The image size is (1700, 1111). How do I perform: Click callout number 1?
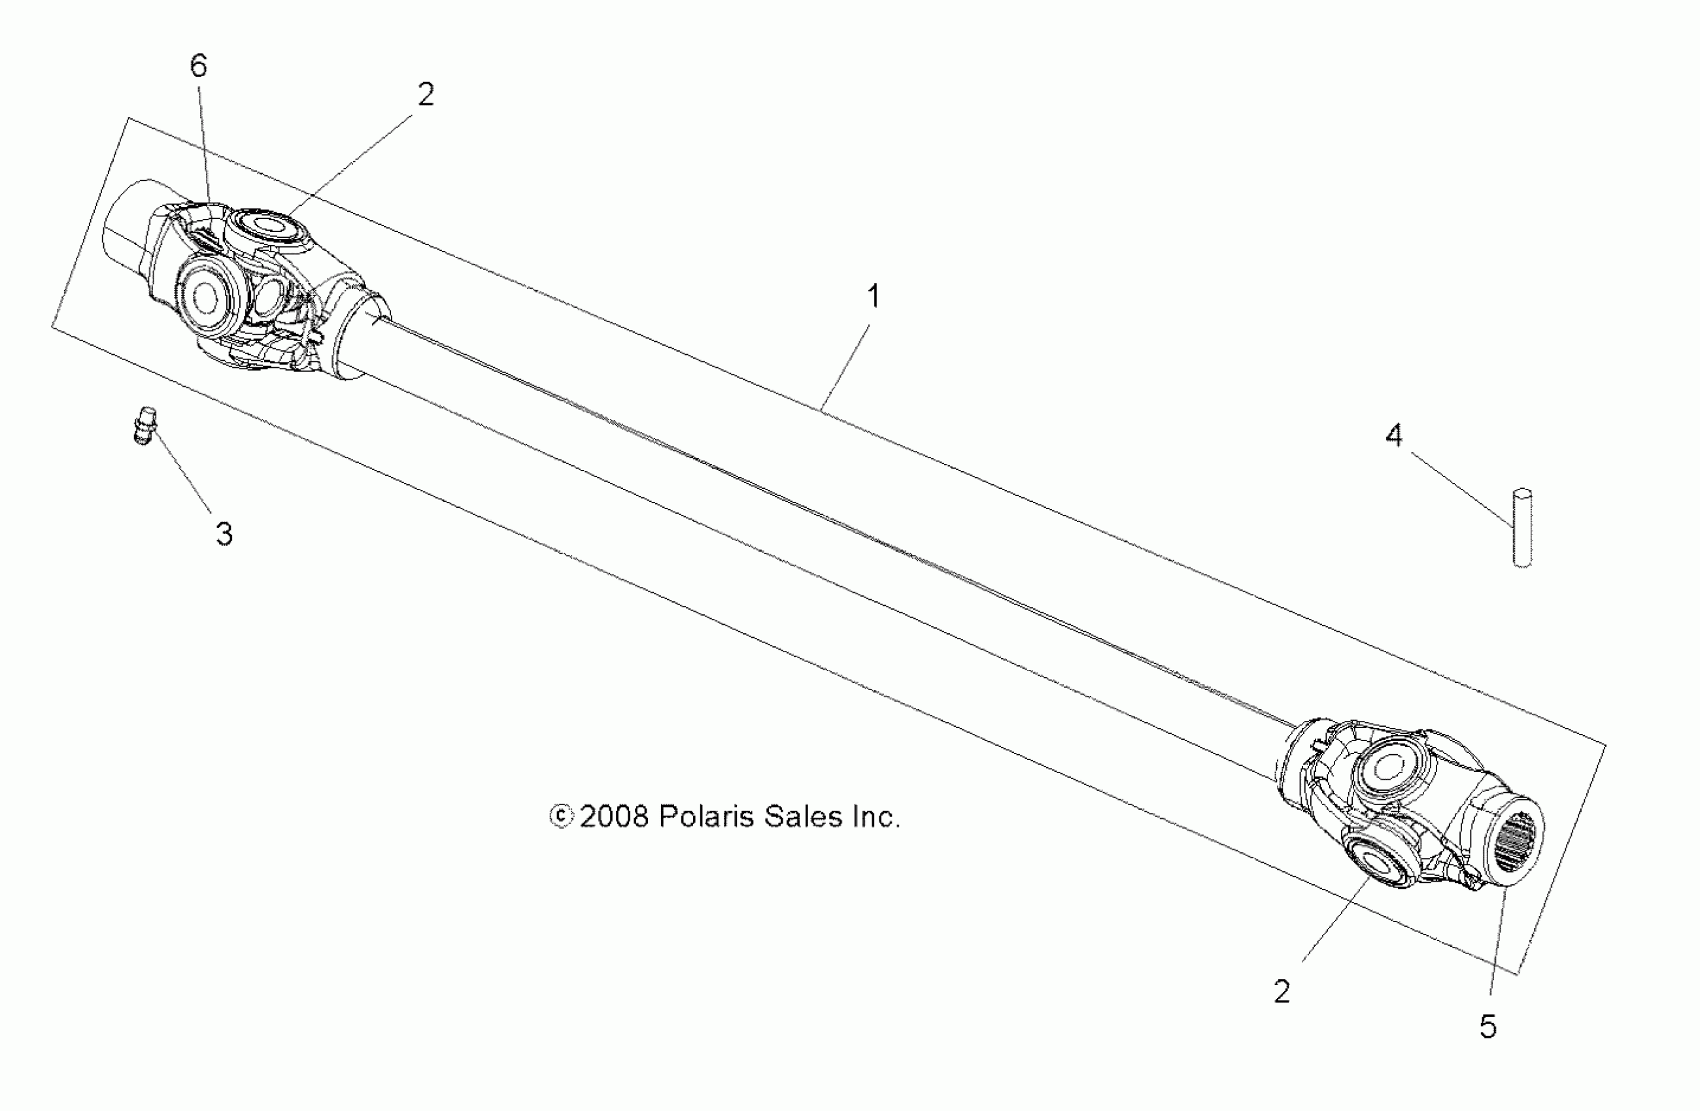(873, 296)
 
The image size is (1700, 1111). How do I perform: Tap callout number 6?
(199, 66)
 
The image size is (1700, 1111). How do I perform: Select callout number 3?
(224, 534)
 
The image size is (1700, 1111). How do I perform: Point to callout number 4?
(1393, 435)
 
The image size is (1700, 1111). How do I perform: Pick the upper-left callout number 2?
(426, 94)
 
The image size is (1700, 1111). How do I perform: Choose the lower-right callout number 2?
(1282, 992)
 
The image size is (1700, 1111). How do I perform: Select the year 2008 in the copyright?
(613, 817)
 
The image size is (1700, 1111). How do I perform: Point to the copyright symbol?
(562, 817)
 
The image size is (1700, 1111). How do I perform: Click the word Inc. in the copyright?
(875, 817)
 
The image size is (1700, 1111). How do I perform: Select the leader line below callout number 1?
(847, 366)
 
